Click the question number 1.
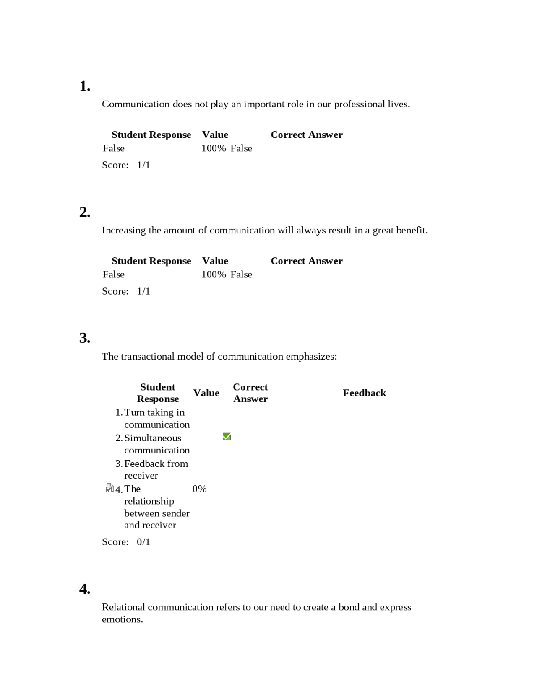pyautogui.click(x=85, y=86)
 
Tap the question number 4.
pyautogui.click(x=85, y=589)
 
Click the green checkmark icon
pyautogui.click(x=227, y=437)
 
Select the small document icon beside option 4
pyautogui.click(x=110, y=488)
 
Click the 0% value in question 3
pyautogui.click(x=200, y=489)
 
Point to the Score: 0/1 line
pyautogui.click(x=126, y=542)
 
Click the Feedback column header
pyautogui.click(x=364, y=393)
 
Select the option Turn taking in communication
pyautogui.click(x=156, y=418)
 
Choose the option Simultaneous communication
pyautogui.click(x=156, y=444)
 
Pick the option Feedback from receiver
pyautogui.click(x=156, y=469)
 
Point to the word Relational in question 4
pyautogui.click(x=123, y=607)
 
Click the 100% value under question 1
pyautogui.click(x=214, y=148)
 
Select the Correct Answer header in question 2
pyautogui.click(x=306, y=261)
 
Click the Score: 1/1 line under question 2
pyautogui.click(x=126, y=291)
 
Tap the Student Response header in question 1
pyautogui.click(x=151, y=135)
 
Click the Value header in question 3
pyautogui.click(x=206, y=393)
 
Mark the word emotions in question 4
pyautogui.click(x=122, y=619)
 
